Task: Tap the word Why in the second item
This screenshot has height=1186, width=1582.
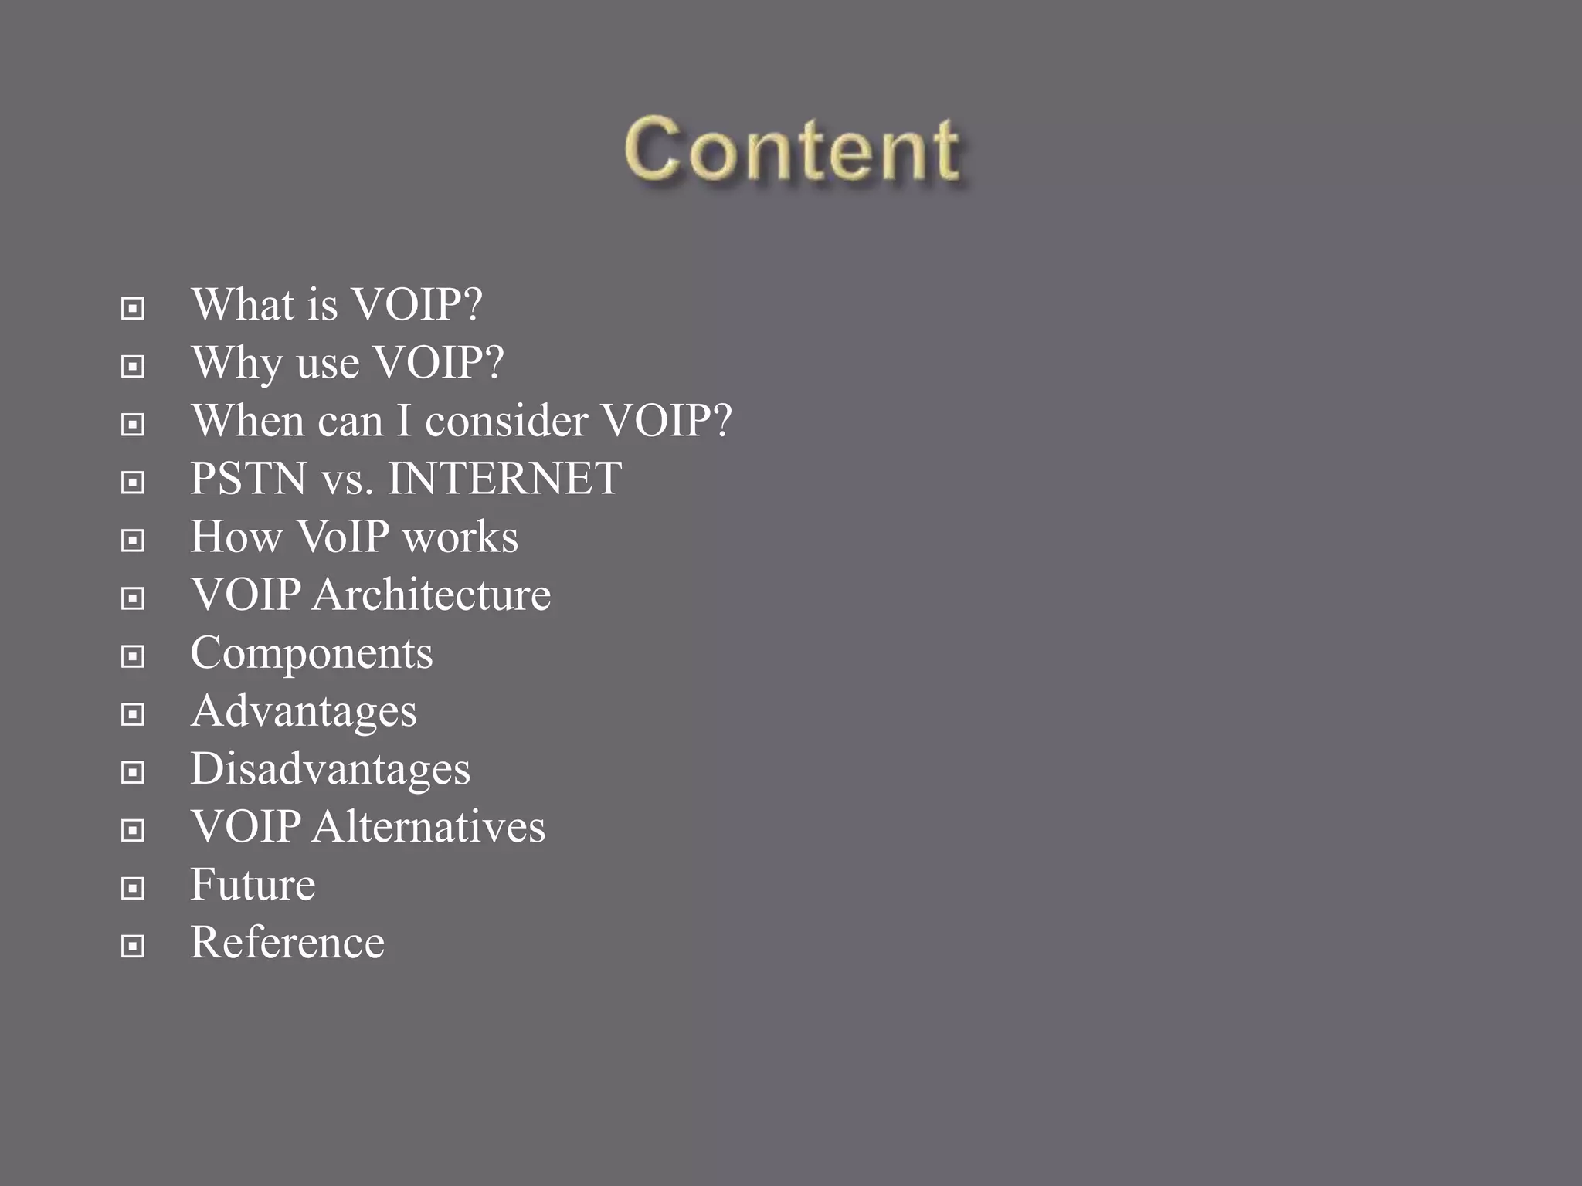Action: tap(236, 362)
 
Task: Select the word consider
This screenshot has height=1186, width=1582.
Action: tap(506, 421)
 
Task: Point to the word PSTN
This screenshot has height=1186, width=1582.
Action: tap(249, 479)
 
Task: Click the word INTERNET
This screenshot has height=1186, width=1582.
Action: tap(504, 479)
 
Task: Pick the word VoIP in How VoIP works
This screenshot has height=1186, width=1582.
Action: tap(343, 537)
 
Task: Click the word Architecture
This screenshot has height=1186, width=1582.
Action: tap(431, 595)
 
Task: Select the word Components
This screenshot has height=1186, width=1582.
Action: tap(311, 653)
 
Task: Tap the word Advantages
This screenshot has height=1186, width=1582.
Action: tap(304, 711)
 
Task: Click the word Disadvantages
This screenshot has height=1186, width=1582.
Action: tap(330, 769)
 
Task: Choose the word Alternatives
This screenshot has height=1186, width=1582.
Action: tap(429, 827)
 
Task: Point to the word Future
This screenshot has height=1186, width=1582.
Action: tap(253, 885)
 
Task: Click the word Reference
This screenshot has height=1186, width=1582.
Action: tap(287, 943)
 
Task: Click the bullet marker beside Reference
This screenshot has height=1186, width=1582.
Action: tap(133, 946)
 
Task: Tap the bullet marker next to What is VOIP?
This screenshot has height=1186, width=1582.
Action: tap(133, 309)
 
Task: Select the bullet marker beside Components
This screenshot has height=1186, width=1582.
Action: tap(133, 656)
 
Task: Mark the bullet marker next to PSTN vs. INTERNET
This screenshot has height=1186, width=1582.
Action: tap(133, 483)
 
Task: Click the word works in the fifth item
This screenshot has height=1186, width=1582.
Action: tap(460, 537)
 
